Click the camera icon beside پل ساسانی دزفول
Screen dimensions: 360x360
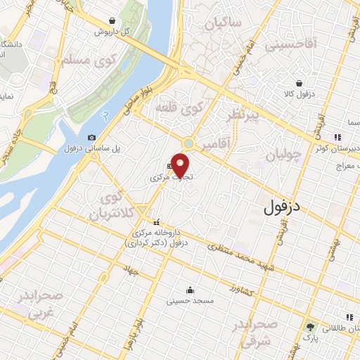click(x=91, y=137)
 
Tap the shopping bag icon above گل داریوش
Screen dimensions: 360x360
click(x=113, y=21)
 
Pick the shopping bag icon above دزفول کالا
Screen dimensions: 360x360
click(x=300, y=82)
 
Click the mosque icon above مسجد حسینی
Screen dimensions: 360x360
click(x=189, y=289)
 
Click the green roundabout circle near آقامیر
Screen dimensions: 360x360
click(x=188, y=143)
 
